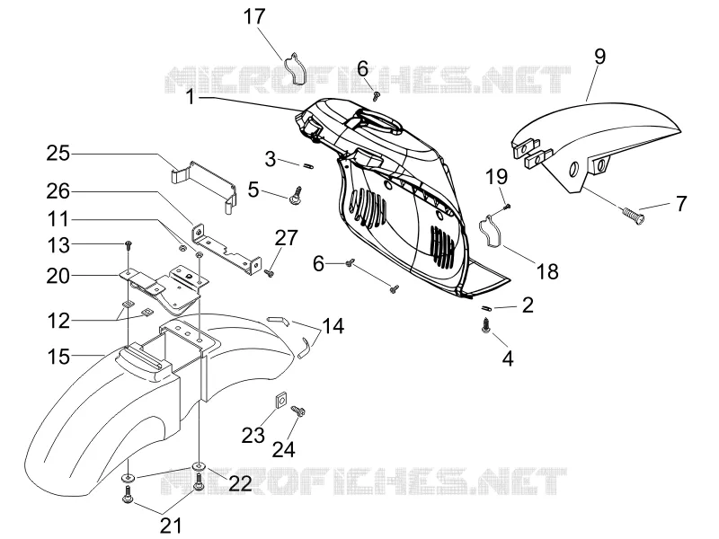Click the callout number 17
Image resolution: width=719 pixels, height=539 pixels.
(x=254, y=16)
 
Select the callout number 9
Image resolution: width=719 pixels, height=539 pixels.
(x=599, y=56)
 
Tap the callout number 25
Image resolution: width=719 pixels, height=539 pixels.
(x=58, y=153)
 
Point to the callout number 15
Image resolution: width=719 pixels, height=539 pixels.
(x=58, y=357)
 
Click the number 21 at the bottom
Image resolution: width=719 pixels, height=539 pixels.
(x=171, y=526)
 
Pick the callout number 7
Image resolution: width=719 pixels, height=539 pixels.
(x=681, y=203)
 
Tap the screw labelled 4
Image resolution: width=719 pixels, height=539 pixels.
(x=485, y=326)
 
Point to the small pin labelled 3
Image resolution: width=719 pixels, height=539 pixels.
(x=308, y=165)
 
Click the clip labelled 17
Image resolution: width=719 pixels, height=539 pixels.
(x=294, y=69)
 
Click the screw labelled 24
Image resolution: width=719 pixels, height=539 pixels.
(x=299, y=411)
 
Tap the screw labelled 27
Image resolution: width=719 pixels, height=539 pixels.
(x=269, y=273)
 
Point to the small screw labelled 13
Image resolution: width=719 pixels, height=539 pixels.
(x=129, y=244)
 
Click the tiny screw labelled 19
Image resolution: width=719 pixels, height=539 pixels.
(x=506, y=207)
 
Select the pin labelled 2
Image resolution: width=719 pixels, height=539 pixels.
(x=485, y=308)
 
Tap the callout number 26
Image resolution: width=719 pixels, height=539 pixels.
(x=58, y=191)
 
